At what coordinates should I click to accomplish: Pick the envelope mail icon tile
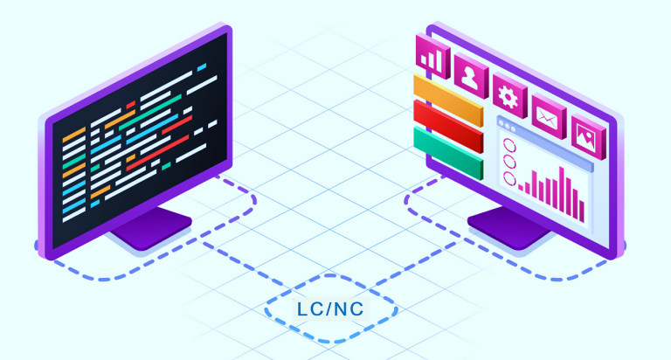pos(548,113)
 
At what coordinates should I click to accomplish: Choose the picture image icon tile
pos(585,132)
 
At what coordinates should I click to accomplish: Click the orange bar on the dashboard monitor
pos(448,98)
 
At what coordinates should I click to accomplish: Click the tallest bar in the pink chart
pos(564,192)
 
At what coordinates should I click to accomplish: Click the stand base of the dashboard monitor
pos(512,230)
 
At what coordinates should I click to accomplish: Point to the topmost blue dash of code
pos(202,66)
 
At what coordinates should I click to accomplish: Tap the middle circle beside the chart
pos(508,162)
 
